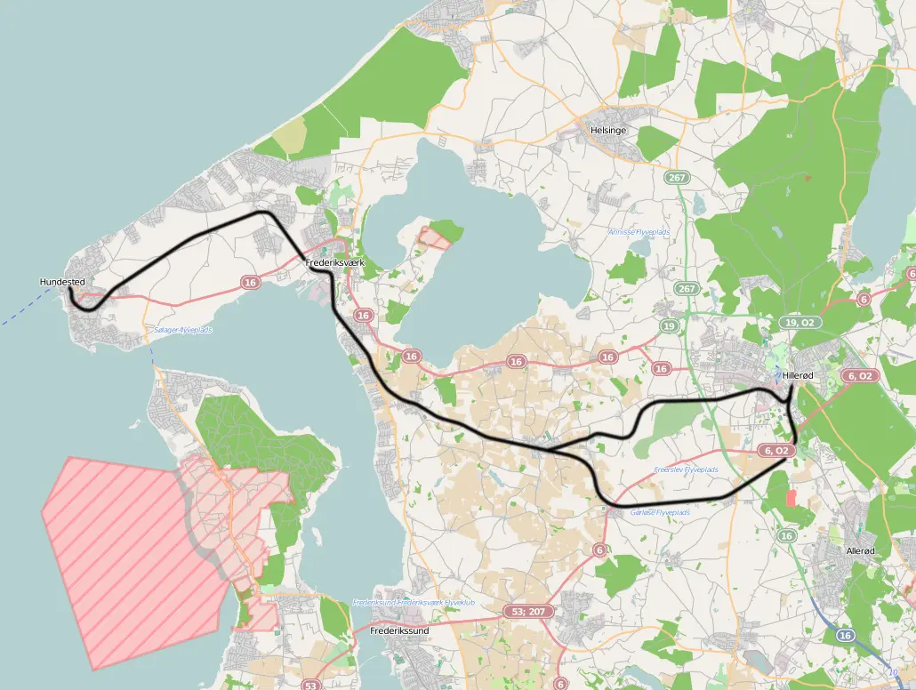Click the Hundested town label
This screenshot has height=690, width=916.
[x=62, y=282]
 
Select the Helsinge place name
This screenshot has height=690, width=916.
[x=608, y=130]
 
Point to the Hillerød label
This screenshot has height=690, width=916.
[x=799, y=376]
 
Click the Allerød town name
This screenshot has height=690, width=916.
[x=860, y=551]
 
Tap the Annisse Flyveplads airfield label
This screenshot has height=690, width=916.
[x=639, y=232]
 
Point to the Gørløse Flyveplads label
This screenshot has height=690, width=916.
[x=660, y=513]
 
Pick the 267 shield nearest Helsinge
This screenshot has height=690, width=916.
[x=678, y=179]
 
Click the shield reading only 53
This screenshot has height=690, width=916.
[x=310, y=685]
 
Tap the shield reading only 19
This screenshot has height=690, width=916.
[x=668, y=326]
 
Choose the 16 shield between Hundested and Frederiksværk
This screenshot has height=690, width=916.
[x=250, y=282]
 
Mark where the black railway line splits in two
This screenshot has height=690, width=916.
[x=550, y=448]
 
